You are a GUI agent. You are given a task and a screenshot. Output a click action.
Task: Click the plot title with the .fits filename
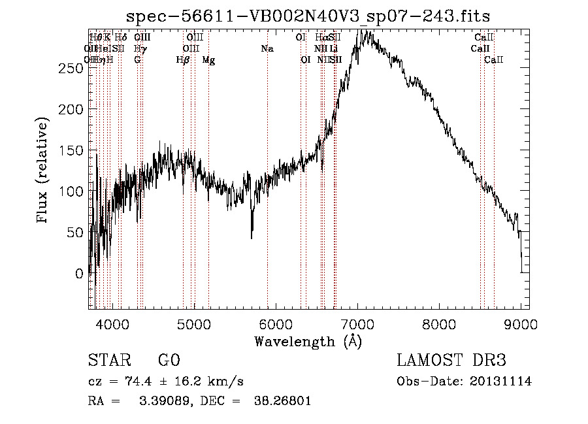308,17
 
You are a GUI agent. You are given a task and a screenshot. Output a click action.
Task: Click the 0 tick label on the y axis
80,273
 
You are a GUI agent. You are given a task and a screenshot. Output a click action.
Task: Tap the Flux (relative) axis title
44,171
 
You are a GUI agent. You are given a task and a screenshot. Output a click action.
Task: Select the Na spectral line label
267,48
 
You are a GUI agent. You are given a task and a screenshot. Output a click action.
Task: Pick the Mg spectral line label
208,60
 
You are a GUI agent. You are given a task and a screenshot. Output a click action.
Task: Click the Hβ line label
183,60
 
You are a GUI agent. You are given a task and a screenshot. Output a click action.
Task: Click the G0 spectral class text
169,361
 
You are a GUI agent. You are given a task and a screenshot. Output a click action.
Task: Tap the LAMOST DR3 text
451,361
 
